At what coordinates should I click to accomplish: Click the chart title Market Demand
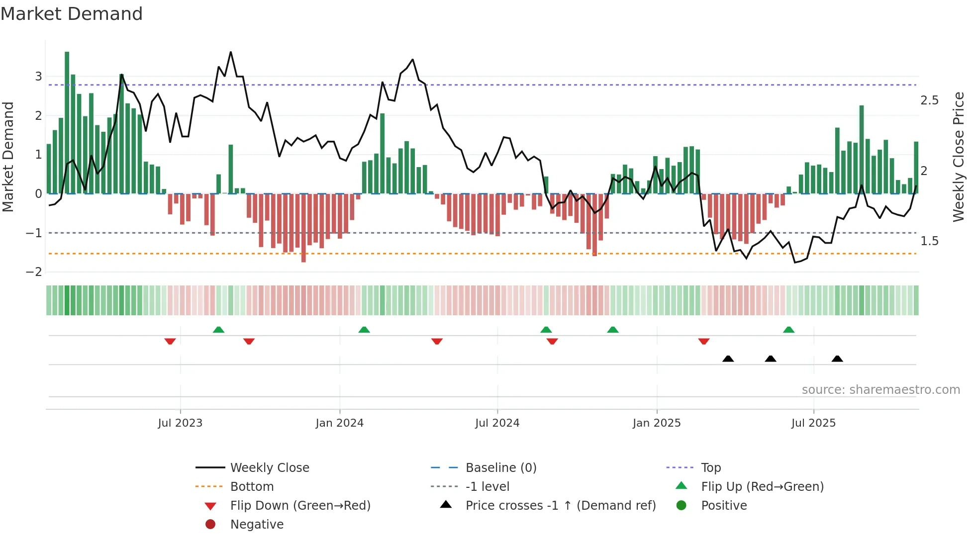coord(72,14)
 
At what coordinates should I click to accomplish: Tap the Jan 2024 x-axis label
coord(339,423)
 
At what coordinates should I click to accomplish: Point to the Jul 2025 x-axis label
coord(813,423)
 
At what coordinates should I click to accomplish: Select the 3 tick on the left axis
coord(38,77)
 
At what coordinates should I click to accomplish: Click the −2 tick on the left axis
coord(34,272)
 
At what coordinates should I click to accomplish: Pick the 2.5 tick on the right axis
coord(929,100)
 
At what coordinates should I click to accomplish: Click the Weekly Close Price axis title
coord(958,157)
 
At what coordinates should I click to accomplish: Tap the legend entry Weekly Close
coord(269,468)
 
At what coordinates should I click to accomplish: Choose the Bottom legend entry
coord(252,487)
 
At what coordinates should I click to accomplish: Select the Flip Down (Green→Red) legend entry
coord(300,506)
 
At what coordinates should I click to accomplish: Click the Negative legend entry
coord(257,525)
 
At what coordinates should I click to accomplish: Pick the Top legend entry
coord(710,468)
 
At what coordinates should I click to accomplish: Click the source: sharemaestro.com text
coord(880,390)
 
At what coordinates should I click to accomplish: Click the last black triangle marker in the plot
coord(837,359)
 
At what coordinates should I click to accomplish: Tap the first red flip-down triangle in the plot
coord(170,341)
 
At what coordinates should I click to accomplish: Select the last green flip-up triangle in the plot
coord(788,330)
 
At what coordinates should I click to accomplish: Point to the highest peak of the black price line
coord(230,52)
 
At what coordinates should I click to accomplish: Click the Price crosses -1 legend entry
coord(560,506)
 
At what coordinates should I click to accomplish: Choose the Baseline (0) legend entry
coord(500,468)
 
